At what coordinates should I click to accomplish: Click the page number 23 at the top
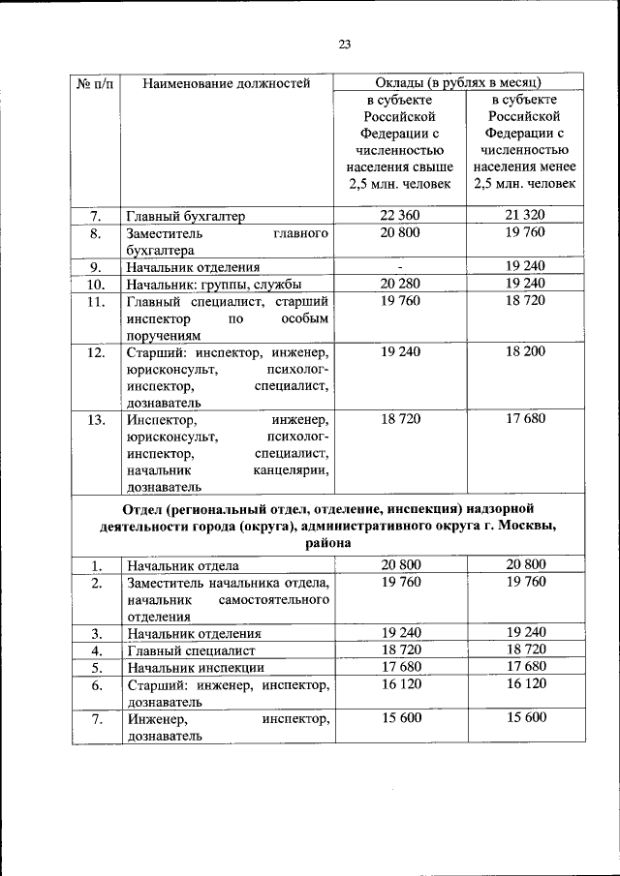pos(344,43)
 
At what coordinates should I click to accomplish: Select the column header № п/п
pos(95,83)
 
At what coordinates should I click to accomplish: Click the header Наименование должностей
pos(226,83)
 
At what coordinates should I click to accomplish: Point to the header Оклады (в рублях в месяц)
pos(457,83)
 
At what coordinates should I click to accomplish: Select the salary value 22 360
pos(400,215)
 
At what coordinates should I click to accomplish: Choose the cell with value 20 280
pos(400,284)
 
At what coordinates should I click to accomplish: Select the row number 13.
pos(95,421)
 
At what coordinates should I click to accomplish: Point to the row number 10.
pos(95,285)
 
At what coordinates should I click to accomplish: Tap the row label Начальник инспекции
pos(194,668)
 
